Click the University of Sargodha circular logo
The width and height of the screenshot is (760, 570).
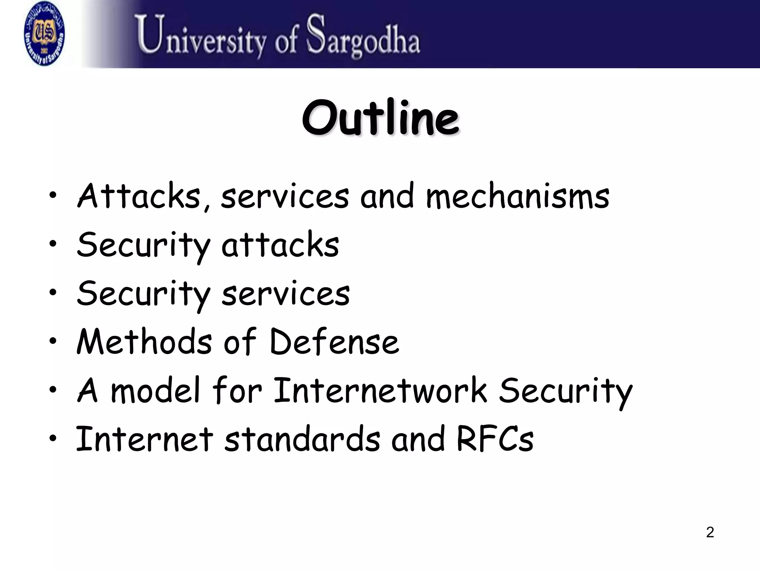pyautogui.click(x=44, y=34)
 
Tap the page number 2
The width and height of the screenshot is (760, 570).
pyautogui.click(x=710, y=532)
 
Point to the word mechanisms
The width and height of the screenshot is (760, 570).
pyautogui.click(x=517, y=197)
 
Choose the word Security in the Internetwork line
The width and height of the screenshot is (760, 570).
pyautogui.click(x=565, y=391)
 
